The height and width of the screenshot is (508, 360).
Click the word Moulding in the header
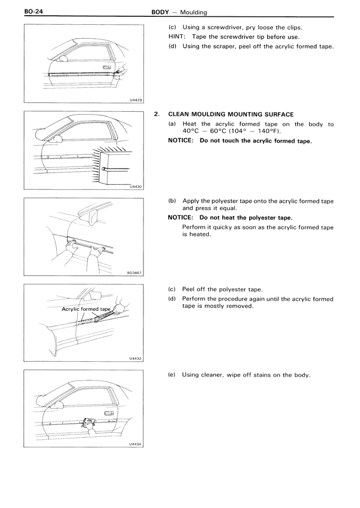click(x=193, y=11)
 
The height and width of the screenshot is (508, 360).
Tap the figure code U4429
click(x=136, y=99)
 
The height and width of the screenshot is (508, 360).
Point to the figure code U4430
click(x=136, y=187)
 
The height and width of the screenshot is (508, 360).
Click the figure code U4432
click(x=136, y=357)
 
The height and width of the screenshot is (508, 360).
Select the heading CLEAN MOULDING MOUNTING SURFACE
click(x=231, y=115)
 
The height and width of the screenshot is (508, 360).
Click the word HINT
click(x=177, y=37)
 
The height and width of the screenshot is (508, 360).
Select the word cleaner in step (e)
click(x=214, y=375)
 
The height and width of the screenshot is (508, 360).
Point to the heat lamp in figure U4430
click(x=116, y=166)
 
